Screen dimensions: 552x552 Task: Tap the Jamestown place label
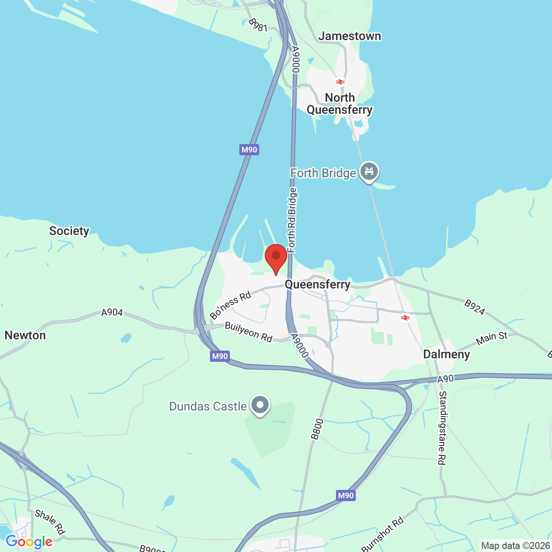click(x=350, y=36)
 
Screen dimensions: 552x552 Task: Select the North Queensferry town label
click(x=340, y=104)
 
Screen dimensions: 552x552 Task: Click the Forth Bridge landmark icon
click(x=369, y=172)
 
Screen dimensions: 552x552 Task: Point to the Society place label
click(x=69, y=231)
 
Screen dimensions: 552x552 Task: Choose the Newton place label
click(x=25, y=336)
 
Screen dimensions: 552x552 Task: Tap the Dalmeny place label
click(x=446, y=354)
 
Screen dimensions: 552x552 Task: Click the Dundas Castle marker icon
click(x=260, y=405)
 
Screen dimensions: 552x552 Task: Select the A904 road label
click(x=112, y=312)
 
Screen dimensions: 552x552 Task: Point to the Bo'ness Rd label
click(x=231, y=305)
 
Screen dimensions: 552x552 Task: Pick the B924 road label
click(x=475, y=307)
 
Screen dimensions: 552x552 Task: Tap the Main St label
click(x=492, y=338)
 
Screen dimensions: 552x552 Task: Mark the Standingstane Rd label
click(x=442, y=428)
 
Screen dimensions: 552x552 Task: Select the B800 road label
click(x=317, y=429)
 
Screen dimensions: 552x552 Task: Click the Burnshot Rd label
click(x=383, y=534)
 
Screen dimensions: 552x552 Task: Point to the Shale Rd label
click(x=50, y=522)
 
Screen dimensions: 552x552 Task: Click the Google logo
click(x=29, y=542)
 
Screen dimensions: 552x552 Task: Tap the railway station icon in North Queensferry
click(x=340, y=82)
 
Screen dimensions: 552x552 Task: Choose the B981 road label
click(x=258, y=25)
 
